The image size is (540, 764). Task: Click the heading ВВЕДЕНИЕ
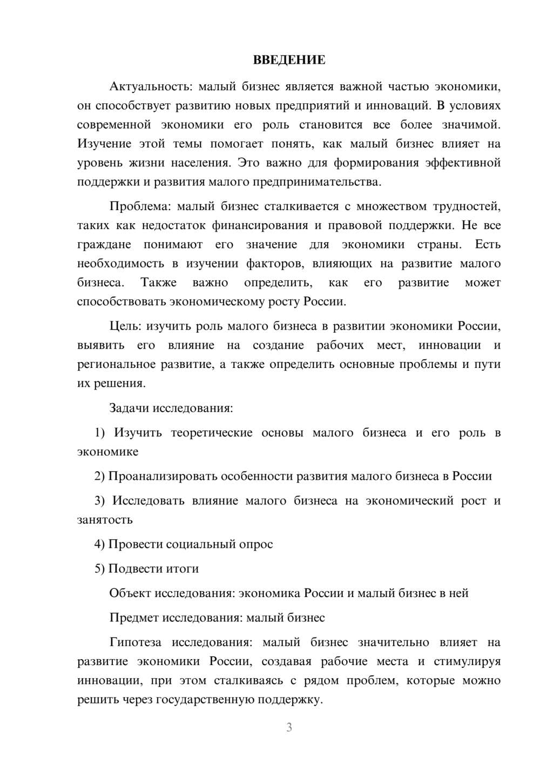click(289, 60)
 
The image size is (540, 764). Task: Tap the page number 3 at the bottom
click(289, 727)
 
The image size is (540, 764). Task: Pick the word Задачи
click(129, 408)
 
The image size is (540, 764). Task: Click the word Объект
click(130, 593)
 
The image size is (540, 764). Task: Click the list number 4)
click(100, 544)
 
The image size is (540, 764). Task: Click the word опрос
click(254, 544)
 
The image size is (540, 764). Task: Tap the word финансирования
click(259, 225)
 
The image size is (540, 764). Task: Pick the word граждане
click(104, 245)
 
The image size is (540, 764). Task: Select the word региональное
click(117, 365)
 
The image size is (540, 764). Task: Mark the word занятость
click(105, 520)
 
